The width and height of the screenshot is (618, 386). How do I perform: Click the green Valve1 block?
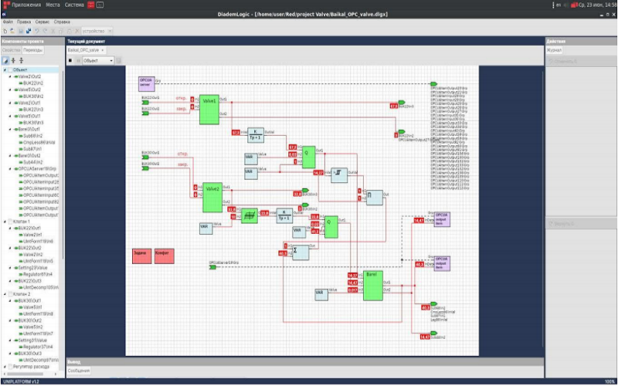click(209, 110)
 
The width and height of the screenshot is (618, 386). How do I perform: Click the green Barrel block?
click(372, 286)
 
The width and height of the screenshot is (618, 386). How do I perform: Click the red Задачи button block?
click(141, 256)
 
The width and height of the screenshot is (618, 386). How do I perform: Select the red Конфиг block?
click(163, 256)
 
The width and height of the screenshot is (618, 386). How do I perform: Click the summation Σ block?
click(300, 252)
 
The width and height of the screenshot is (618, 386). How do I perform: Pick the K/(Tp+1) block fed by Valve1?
click(255, 134)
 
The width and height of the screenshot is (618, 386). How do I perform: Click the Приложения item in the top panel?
click(26, 5)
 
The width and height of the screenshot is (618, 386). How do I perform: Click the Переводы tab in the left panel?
click(33, 49)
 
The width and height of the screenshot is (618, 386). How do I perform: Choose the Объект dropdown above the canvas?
click(98, 59)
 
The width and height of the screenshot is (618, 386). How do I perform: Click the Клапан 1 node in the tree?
click(23, 221)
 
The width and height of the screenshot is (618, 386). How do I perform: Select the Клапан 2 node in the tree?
click(23, 294)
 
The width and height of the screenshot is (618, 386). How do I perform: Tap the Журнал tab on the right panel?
click(555, 49)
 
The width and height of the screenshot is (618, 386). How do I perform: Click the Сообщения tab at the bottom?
click(78, 371)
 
